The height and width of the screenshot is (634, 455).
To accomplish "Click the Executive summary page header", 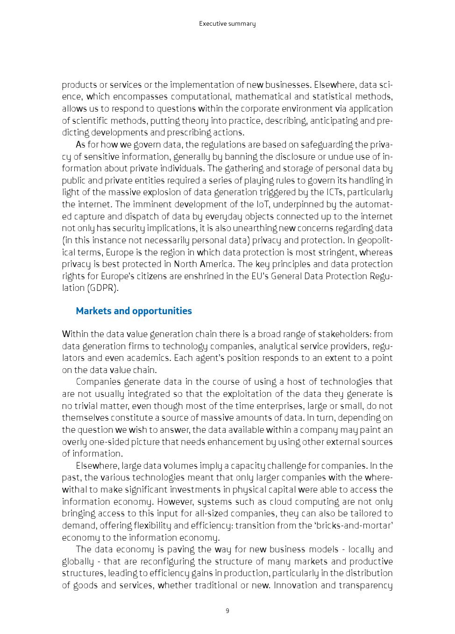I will pyautogui.click(x=227, y=24).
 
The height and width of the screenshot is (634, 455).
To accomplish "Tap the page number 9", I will pyautogui.click(x=227, y=611).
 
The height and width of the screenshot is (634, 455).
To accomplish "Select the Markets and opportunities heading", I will pyautogui.click(x=134, y=311).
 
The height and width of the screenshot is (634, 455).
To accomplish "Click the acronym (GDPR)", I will pyautogui.click(x=103, y=288).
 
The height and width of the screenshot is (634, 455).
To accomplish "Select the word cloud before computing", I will pyautogui.click(x=266, y=501).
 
